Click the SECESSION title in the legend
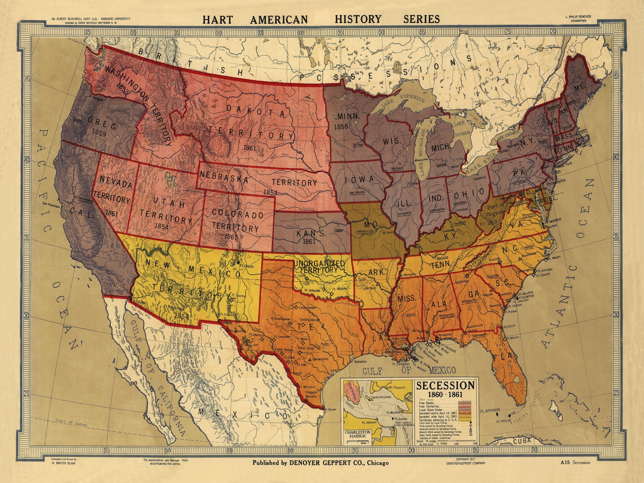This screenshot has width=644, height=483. (446, 385)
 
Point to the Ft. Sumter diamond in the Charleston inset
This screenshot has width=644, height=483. (393, 419)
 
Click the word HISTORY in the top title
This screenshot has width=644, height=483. (358, 19)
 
